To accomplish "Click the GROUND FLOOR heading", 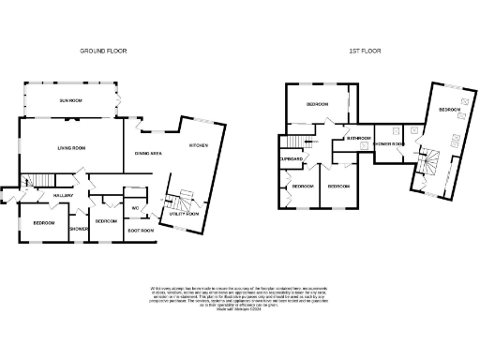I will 103,51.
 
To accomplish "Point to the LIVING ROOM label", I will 71,147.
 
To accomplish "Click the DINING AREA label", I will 150,152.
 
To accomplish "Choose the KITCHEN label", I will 200,145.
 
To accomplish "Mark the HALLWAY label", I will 64,195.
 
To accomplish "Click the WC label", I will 135,207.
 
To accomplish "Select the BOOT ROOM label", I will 141,230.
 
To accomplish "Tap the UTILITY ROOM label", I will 187,214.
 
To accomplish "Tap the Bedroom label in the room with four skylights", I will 449,111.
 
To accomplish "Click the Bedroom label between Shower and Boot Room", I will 105,221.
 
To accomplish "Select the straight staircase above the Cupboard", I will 295,142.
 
